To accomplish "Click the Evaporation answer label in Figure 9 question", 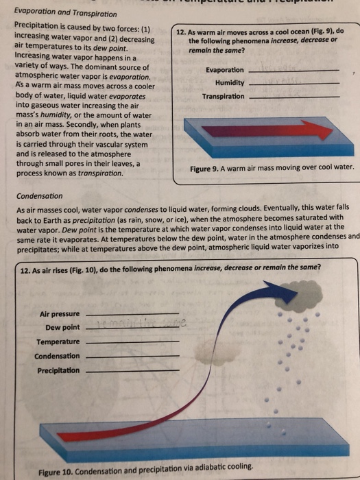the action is (224, 71).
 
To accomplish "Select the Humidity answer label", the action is (230, 83).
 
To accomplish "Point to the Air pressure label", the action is (60, 313).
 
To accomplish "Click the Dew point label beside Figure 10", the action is (63, 327).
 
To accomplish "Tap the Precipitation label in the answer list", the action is (58, 370).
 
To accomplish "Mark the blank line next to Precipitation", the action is (134, 371).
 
